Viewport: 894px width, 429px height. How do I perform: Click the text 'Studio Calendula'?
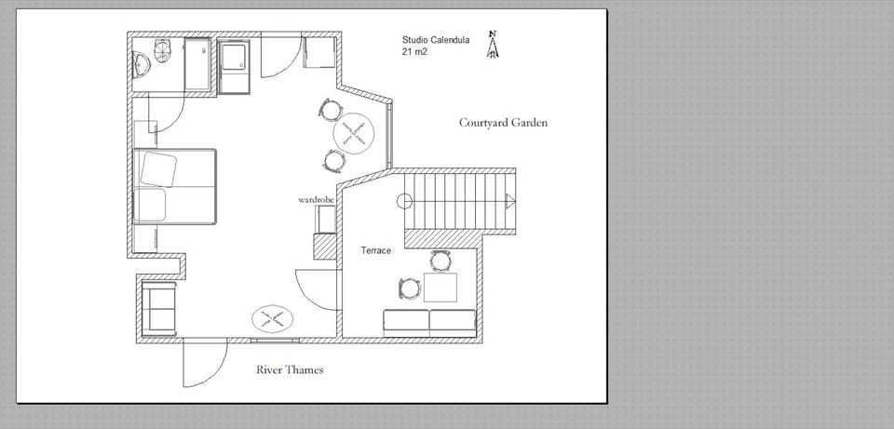pyautogui.click(x=435, y=40)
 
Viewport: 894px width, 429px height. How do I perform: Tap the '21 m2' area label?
pyautogui.click(x=415, y=53)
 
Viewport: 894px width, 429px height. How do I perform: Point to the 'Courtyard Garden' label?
pyautogui.click(x=503, y=123)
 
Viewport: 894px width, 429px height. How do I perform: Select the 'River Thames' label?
pyautogui.click(x=290, y=370)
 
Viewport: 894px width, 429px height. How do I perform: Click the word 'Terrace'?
pyautogui.click(x=375, y=251)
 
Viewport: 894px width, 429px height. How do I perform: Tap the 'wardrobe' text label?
pyautogui.click(x=316, y=200)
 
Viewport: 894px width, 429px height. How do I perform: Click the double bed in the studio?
pyautogui.click(x=176, y=186)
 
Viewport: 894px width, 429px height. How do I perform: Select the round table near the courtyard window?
pyautogui.click(x=354, y=134)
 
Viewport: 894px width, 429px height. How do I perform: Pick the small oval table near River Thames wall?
pyautogui.click(x=274, y=319)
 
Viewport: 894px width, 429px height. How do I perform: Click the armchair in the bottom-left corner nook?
pyautogui.click(x=159, y=310)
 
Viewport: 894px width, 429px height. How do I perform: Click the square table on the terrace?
pyautogui.click(x=440, y=288)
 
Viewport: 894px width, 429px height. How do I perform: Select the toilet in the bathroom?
pyautogui.click(x=163, y=50)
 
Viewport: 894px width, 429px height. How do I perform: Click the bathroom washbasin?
pyautogui.click(x=142, y=64)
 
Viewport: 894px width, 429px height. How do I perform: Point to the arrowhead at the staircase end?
pyautogui.click(x=509, y=200)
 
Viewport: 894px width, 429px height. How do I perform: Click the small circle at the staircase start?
pyautogui.click(x=404, y=200)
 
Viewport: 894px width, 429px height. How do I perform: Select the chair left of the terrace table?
pyautogui.click(x=409, y=288)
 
